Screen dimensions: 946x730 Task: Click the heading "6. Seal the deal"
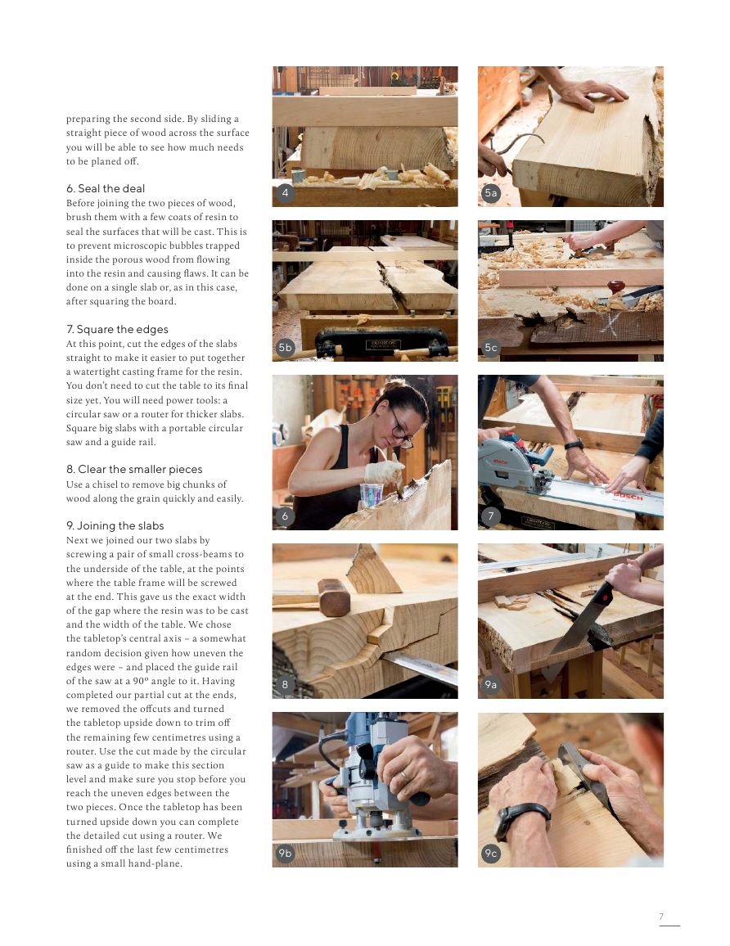106,189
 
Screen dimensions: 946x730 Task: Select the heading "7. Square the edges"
117,330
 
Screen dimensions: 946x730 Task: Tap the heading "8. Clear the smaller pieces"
134,470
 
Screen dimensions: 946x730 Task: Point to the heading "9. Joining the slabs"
115,526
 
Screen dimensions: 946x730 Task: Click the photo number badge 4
285,193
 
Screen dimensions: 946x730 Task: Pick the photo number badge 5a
491,193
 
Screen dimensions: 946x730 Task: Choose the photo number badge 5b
285,348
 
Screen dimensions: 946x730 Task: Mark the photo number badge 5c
491,348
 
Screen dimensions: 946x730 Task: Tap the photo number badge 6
285,516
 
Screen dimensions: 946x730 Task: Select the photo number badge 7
491,516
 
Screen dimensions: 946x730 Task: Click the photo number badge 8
285,684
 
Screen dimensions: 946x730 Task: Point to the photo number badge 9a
491,684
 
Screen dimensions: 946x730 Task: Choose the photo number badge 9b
285,854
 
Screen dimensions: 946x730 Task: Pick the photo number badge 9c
491,854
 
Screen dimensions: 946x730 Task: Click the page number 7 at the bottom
661,917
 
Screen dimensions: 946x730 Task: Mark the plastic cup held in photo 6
372,493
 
